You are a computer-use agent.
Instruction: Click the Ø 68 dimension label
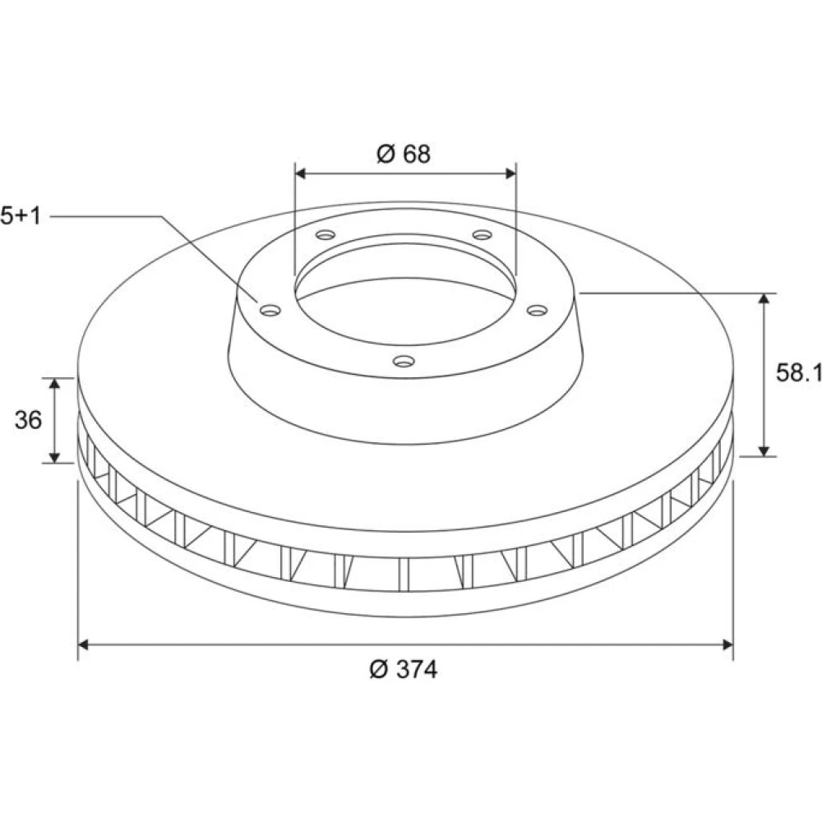pos(403,155)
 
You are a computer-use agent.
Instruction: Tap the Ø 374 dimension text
pos(403,669)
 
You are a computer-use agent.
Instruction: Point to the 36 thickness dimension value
pos(28,420)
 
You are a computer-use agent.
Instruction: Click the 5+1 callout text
pos(21,216)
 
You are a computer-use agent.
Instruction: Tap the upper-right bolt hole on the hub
pos(482,233)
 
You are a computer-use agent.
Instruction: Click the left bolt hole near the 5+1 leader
pos(270,311)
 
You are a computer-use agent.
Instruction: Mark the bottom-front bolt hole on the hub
pos(404,361)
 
